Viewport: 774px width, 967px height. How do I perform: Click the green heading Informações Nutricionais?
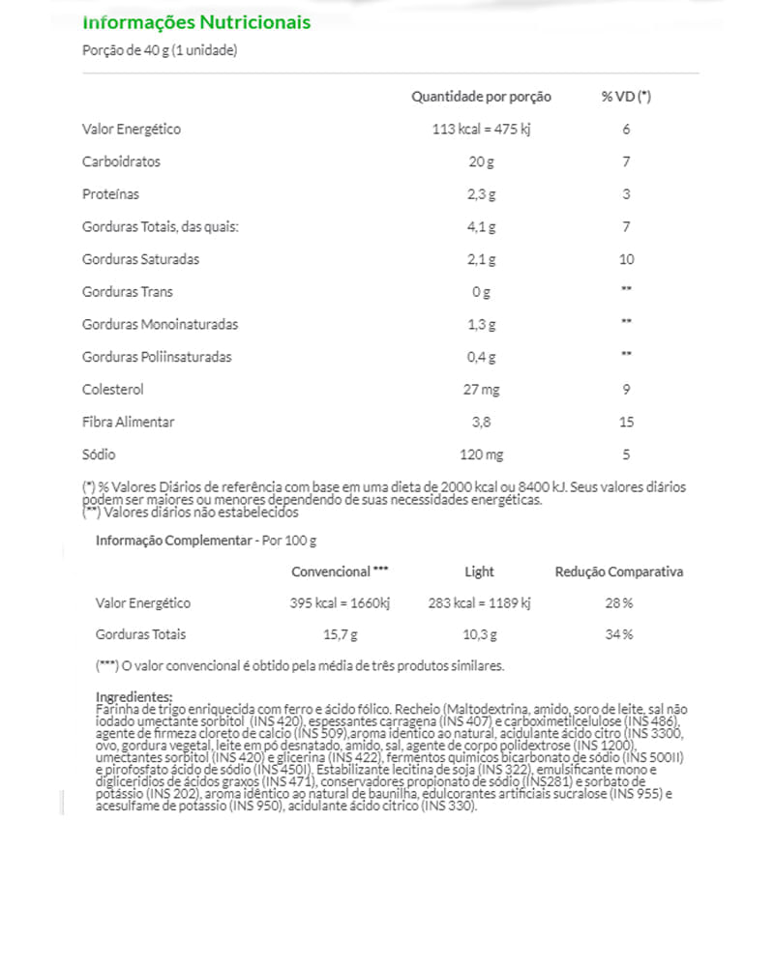pyautogui.click(x=196, y=21)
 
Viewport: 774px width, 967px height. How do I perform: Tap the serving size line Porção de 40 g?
pyautogui.click(x=161, y=51)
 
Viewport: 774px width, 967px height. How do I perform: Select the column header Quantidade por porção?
pyautogui.click(x=481, y=97)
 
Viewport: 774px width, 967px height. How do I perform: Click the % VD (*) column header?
pyautogui.click(x=626, y=97)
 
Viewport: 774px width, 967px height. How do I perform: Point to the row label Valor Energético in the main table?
pyautogui.click(x=132, y=129)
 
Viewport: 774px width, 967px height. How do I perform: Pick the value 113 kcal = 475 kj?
pyautogui.click(x=481, y=129)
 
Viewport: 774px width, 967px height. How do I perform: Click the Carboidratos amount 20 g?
pyautogui.click(x=481, y=161)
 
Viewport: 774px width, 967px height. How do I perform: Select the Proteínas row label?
pyautogui.click(x=111, y=194)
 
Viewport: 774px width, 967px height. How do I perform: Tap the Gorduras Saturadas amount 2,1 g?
pyautogui.click(x=481, y=259)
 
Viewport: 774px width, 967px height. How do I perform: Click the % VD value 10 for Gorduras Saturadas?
pyautogui.click(x=626, y=259)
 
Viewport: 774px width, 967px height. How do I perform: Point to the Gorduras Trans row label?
pyautogui.click(x=128, y=292)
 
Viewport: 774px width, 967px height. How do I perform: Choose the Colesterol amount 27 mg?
pyautogui.click(x=481, y=390)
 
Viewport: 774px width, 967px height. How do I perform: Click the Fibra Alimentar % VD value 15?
pyautogui.click(x=626, y=423)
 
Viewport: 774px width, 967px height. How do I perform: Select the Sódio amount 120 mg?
pyautogui.click(x=481, y=454)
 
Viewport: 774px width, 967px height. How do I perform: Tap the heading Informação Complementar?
pyautogui.click(x=173, y=540)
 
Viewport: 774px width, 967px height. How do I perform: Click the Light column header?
pyautogui.click(x=479, y=571)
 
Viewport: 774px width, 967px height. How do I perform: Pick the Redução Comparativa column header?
pyautogui.click(x=618, y=571)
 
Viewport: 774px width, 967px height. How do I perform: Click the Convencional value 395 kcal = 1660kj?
pyautogui.click(x=340, y=603)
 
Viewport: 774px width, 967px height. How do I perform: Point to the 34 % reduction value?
pyautogui.click(x=618, y=635)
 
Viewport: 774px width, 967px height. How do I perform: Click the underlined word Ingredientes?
pyautogui.click(x=134, y=697)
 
